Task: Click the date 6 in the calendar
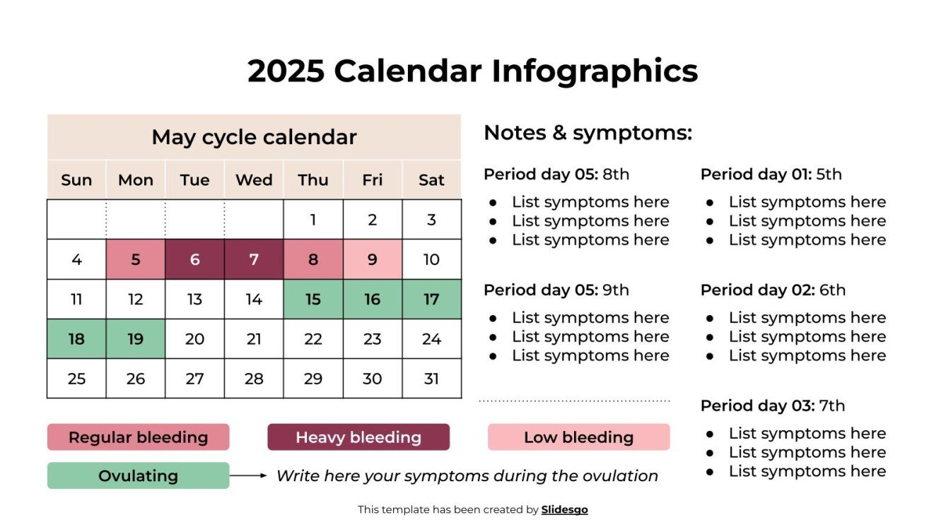(x=194, y=259)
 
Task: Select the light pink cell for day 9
(x=373, y=259)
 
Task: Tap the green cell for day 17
(x=431, y=300)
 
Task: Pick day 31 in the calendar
(x=431, y=379)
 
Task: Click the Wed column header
(x=254, y=180)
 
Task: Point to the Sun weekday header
(x=76, y=180)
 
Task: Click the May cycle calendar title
(x=254, y=137)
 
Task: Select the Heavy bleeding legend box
(x=358, y=437)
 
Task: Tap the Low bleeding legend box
(x=578, y=437)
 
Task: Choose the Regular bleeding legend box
(x=138, y=437)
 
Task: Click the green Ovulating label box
(x=138, y=476)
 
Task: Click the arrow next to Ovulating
(x=248, y=475)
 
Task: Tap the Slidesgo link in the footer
(x=564, y=509)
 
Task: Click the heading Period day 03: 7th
(x=772, y=406)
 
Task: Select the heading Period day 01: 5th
(x=771, y=175)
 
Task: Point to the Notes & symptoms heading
(x=588, y=133)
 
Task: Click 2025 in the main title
(x=286, y=71)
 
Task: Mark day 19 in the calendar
(x=136, y=339)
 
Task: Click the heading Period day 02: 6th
(x=773, y=290)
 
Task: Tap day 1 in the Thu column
(x=313, y=220)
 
